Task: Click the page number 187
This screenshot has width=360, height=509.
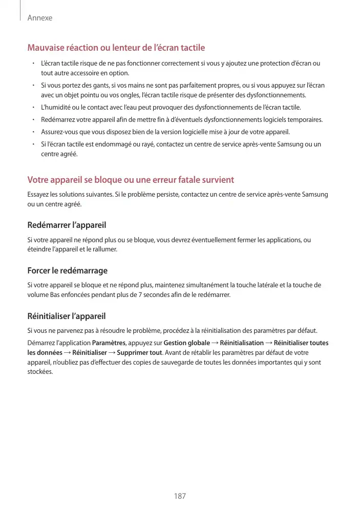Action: pos(180,496)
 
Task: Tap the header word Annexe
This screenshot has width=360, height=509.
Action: pos(40,18)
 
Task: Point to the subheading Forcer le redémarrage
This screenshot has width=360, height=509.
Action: pos(67,270)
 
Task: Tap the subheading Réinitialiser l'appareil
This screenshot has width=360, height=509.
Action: pos(67,316)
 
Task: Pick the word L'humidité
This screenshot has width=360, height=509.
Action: pos(56,108)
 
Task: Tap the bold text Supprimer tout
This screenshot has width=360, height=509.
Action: pos(139,353)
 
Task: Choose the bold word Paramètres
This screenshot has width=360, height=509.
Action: pos(109,343)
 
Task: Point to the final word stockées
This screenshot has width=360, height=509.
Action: pos(40,372)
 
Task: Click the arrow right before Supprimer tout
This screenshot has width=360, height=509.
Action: pos(112,353)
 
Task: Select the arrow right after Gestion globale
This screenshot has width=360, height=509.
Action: pos(215,343)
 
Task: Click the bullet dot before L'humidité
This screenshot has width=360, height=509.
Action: pos(33,108)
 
